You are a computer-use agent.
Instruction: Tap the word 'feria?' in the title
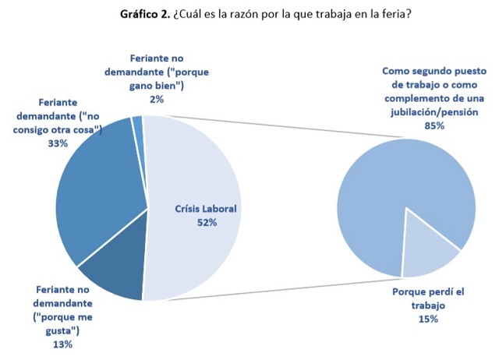[393, 14]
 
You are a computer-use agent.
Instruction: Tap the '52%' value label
[206, 223]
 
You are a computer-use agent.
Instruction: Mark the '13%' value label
[62, 344]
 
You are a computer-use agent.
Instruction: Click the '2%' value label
[156, 99]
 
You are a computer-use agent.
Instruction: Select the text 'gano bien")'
[156, 86]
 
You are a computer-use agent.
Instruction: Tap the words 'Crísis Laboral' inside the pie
[206, 209]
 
